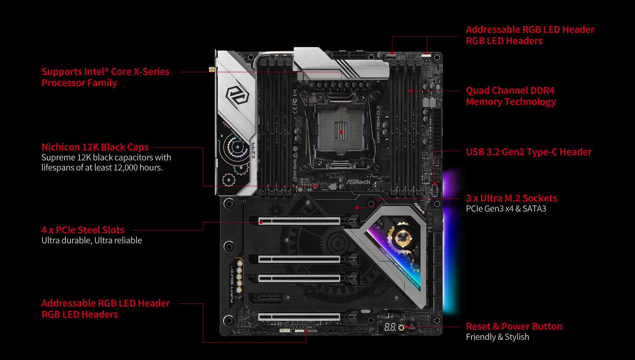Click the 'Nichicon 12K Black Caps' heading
pos(95,147)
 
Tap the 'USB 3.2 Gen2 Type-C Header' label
pos(529,152)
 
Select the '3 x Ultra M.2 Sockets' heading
pos(511,198)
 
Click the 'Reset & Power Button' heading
pos(514,326)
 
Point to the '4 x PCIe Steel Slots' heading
pos(83,230)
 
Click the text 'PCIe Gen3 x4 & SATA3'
pos(506,209)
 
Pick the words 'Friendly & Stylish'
pos(497,337)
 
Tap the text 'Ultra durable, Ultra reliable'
pos(91,240)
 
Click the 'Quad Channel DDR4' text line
pos(510,91)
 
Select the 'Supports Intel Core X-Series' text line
pos(105,72)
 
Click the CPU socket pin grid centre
pos(341,131)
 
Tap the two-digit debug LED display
pos(390,327)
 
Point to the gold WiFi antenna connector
pos(211,69)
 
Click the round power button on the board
pos(412,328)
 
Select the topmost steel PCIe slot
pos(299,221)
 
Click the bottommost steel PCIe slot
pos(299,316)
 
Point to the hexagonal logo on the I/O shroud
pos(237,95)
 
